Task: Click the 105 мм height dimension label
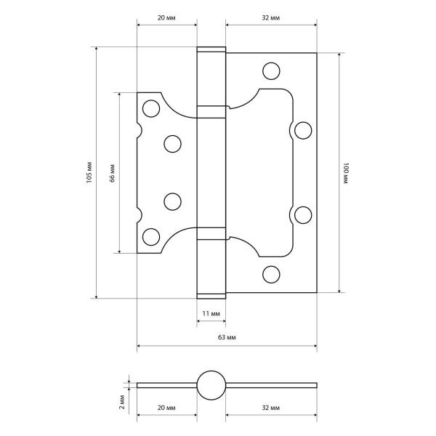click(89, 172)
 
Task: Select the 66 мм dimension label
click(113, 173)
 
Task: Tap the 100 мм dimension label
click(346, 174)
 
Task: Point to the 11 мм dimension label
click(211, 314)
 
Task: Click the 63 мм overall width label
click(227, 337)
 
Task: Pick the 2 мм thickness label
click(122, 402)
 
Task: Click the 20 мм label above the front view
click(166, 17)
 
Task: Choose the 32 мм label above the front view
click(271, 17)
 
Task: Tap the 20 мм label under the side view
click(166, 408)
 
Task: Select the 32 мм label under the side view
click(271, 408)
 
